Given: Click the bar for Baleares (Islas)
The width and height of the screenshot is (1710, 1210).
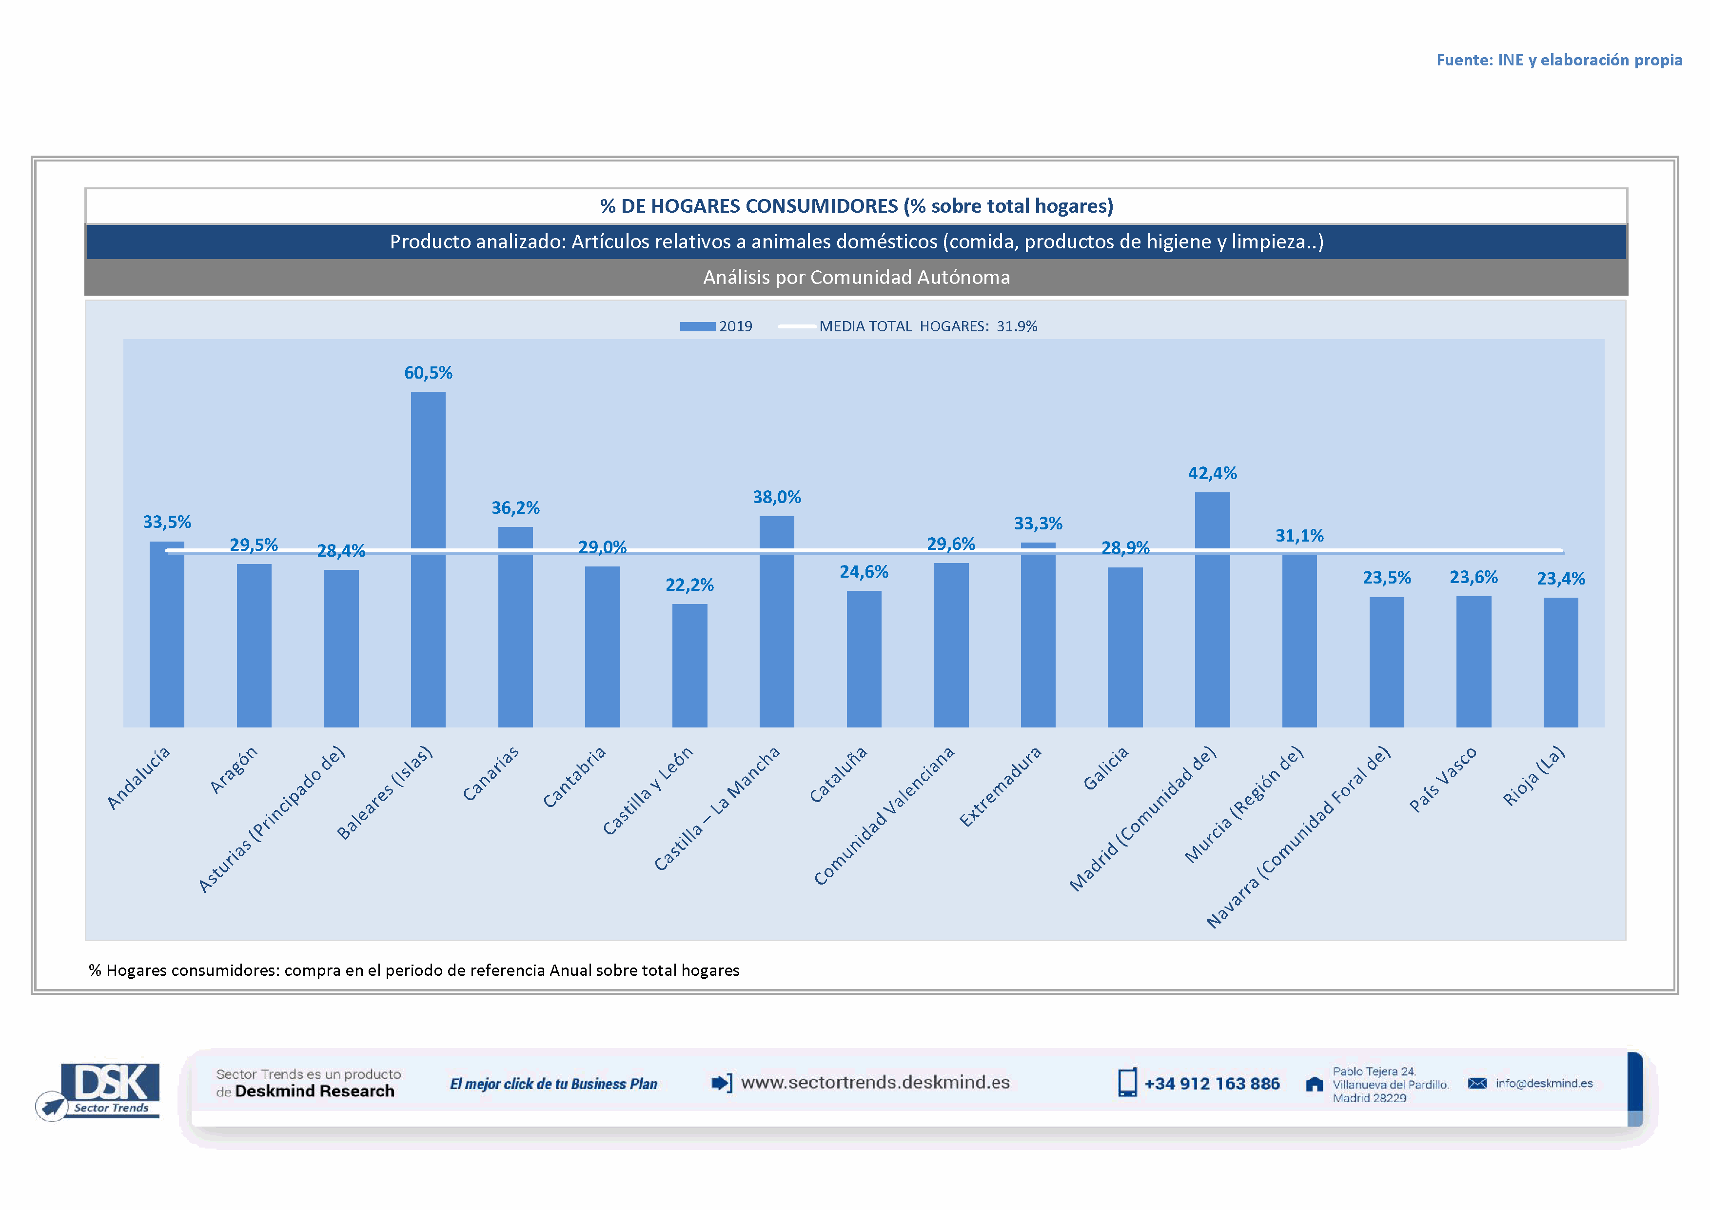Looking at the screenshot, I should [x=428, y=559].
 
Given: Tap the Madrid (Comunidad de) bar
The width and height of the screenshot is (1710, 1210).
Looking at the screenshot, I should [x=1213, y=609].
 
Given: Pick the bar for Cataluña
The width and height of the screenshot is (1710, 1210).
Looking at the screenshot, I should [x=864, y=659].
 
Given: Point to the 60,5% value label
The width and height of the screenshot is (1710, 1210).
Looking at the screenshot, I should [x=428, y=373].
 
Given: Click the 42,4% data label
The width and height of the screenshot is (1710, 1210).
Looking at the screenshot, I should [x=1213, y=473].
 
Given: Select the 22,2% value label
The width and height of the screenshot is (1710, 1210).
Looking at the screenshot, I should [x=689, y=585].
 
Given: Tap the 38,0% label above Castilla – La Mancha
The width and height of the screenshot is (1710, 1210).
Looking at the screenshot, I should [x=777, y=497].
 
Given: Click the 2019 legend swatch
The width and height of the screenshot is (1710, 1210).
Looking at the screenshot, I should [x=697, y=326].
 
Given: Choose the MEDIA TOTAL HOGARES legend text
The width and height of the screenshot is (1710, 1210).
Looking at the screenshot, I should [x=928, y=326].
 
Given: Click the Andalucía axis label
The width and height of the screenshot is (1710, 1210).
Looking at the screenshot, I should [x=139, y=777].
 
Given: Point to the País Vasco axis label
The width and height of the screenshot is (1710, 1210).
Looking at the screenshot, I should [x=1443, y=779].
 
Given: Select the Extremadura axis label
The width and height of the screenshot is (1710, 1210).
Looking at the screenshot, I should [x=1000, y=786].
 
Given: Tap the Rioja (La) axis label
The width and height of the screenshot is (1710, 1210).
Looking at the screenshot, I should [x=1534, y=776].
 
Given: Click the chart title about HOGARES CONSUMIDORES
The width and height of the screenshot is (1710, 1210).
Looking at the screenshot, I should [x=857, y=205].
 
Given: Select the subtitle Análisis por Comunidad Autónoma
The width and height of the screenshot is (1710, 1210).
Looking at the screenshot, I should [x=857, y=277].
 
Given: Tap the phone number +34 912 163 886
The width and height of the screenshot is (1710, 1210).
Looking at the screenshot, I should [x=1212, y=1083].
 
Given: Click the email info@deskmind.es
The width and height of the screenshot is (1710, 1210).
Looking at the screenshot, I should [x=1544, y=1083].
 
